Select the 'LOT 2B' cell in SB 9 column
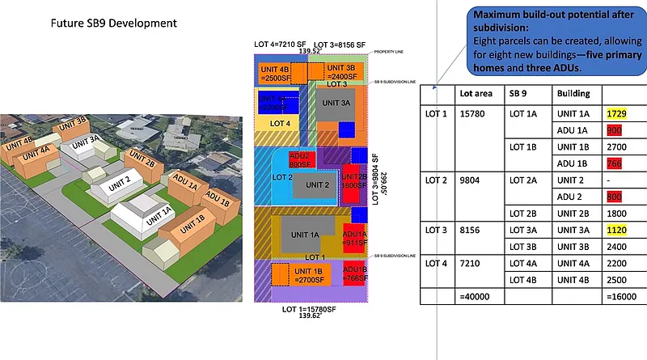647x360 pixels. click(x=522, y=214)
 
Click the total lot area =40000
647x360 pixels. click(x=476, y=296)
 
